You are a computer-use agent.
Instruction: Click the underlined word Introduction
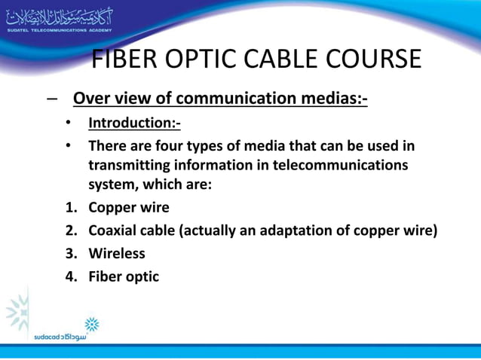coord(132,123)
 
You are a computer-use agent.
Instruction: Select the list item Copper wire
coord(129,207)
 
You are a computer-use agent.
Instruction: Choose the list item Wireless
coord(117,253)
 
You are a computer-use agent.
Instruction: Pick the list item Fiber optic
coord(124,276)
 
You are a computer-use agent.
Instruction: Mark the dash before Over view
coord(50,99)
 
